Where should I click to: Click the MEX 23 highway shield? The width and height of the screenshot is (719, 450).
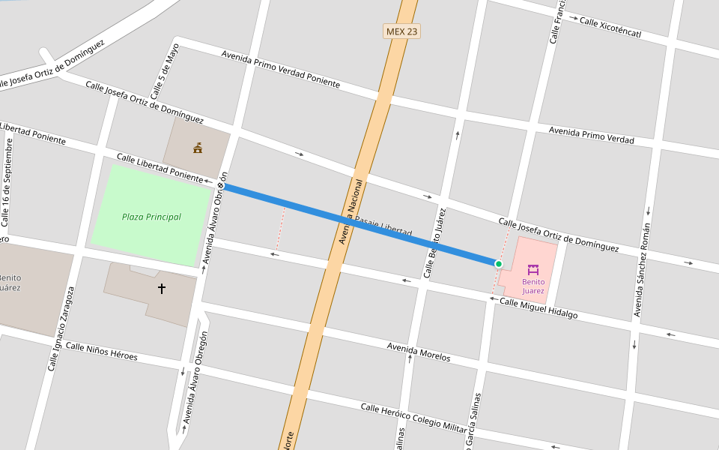(x=401, y=31)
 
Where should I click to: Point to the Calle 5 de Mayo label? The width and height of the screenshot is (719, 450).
(x=166, y=72)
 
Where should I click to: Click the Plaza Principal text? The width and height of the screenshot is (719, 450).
(x=151, y=217)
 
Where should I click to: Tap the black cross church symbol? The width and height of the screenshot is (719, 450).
(x=161, y=288)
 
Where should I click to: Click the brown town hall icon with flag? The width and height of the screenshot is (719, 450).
(x=198, y=148)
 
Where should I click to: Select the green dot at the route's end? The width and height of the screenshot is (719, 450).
(x=499, y=263)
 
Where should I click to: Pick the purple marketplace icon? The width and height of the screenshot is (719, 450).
(x=533, y=269)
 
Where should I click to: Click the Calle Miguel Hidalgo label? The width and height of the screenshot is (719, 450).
(x=539, y=308)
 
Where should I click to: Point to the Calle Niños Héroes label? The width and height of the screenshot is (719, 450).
(x=101, y=351)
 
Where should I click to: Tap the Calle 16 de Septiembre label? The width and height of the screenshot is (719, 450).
(x=7, y=183)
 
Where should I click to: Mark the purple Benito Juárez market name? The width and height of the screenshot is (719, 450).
(x=533, y=286)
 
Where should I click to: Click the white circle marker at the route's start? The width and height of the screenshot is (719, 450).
(x=221, y=184)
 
